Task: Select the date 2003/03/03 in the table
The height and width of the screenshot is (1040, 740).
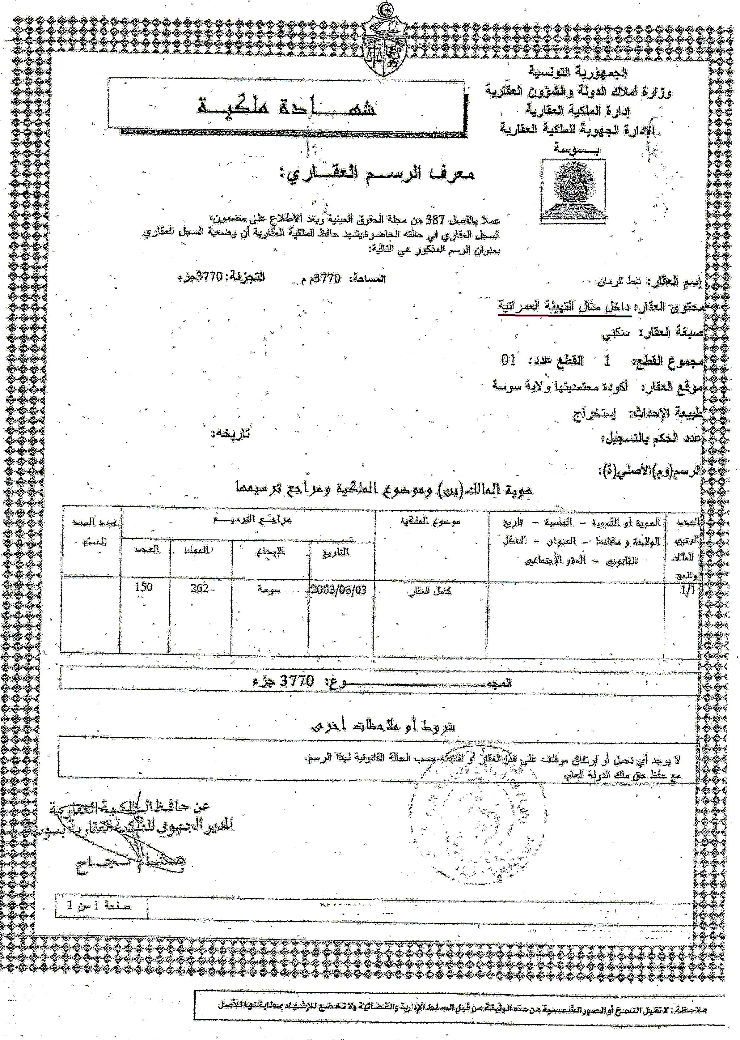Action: tap(339, 590)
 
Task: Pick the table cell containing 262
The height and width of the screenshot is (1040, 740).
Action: tap(200, 588)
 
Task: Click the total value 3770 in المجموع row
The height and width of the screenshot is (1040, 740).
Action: tap(297, 681)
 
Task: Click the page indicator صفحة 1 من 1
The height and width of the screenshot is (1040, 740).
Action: tap(99, 906)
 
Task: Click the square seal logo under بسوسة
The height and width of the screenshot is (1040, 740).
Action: tap(573, 191)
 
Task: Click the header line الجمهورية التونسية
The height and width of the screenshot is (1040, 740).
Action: tap(578, 72)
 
